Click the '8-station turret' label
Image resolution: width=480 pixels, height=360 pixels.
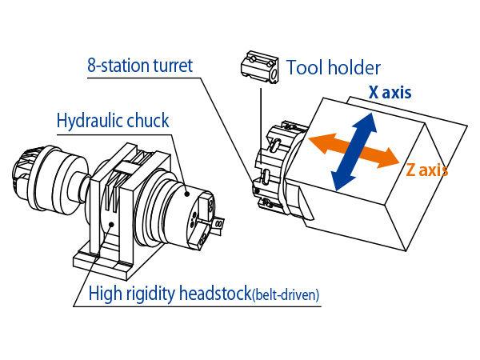(x=140, y=66)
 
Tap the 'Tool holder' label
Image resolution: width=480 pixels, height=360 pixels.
(x=334, y=68)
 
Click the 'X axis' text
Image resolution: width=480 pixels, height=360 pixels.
(x=390, y=92)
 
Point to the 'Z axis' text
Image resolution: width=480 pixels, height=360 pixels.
(x=426, y=170)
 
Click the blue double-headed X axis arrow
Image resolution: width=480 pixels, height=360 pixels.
(x=353, y=150)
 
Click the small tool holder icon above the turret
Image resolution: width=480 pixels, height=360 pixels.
(x=258, y=67)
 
